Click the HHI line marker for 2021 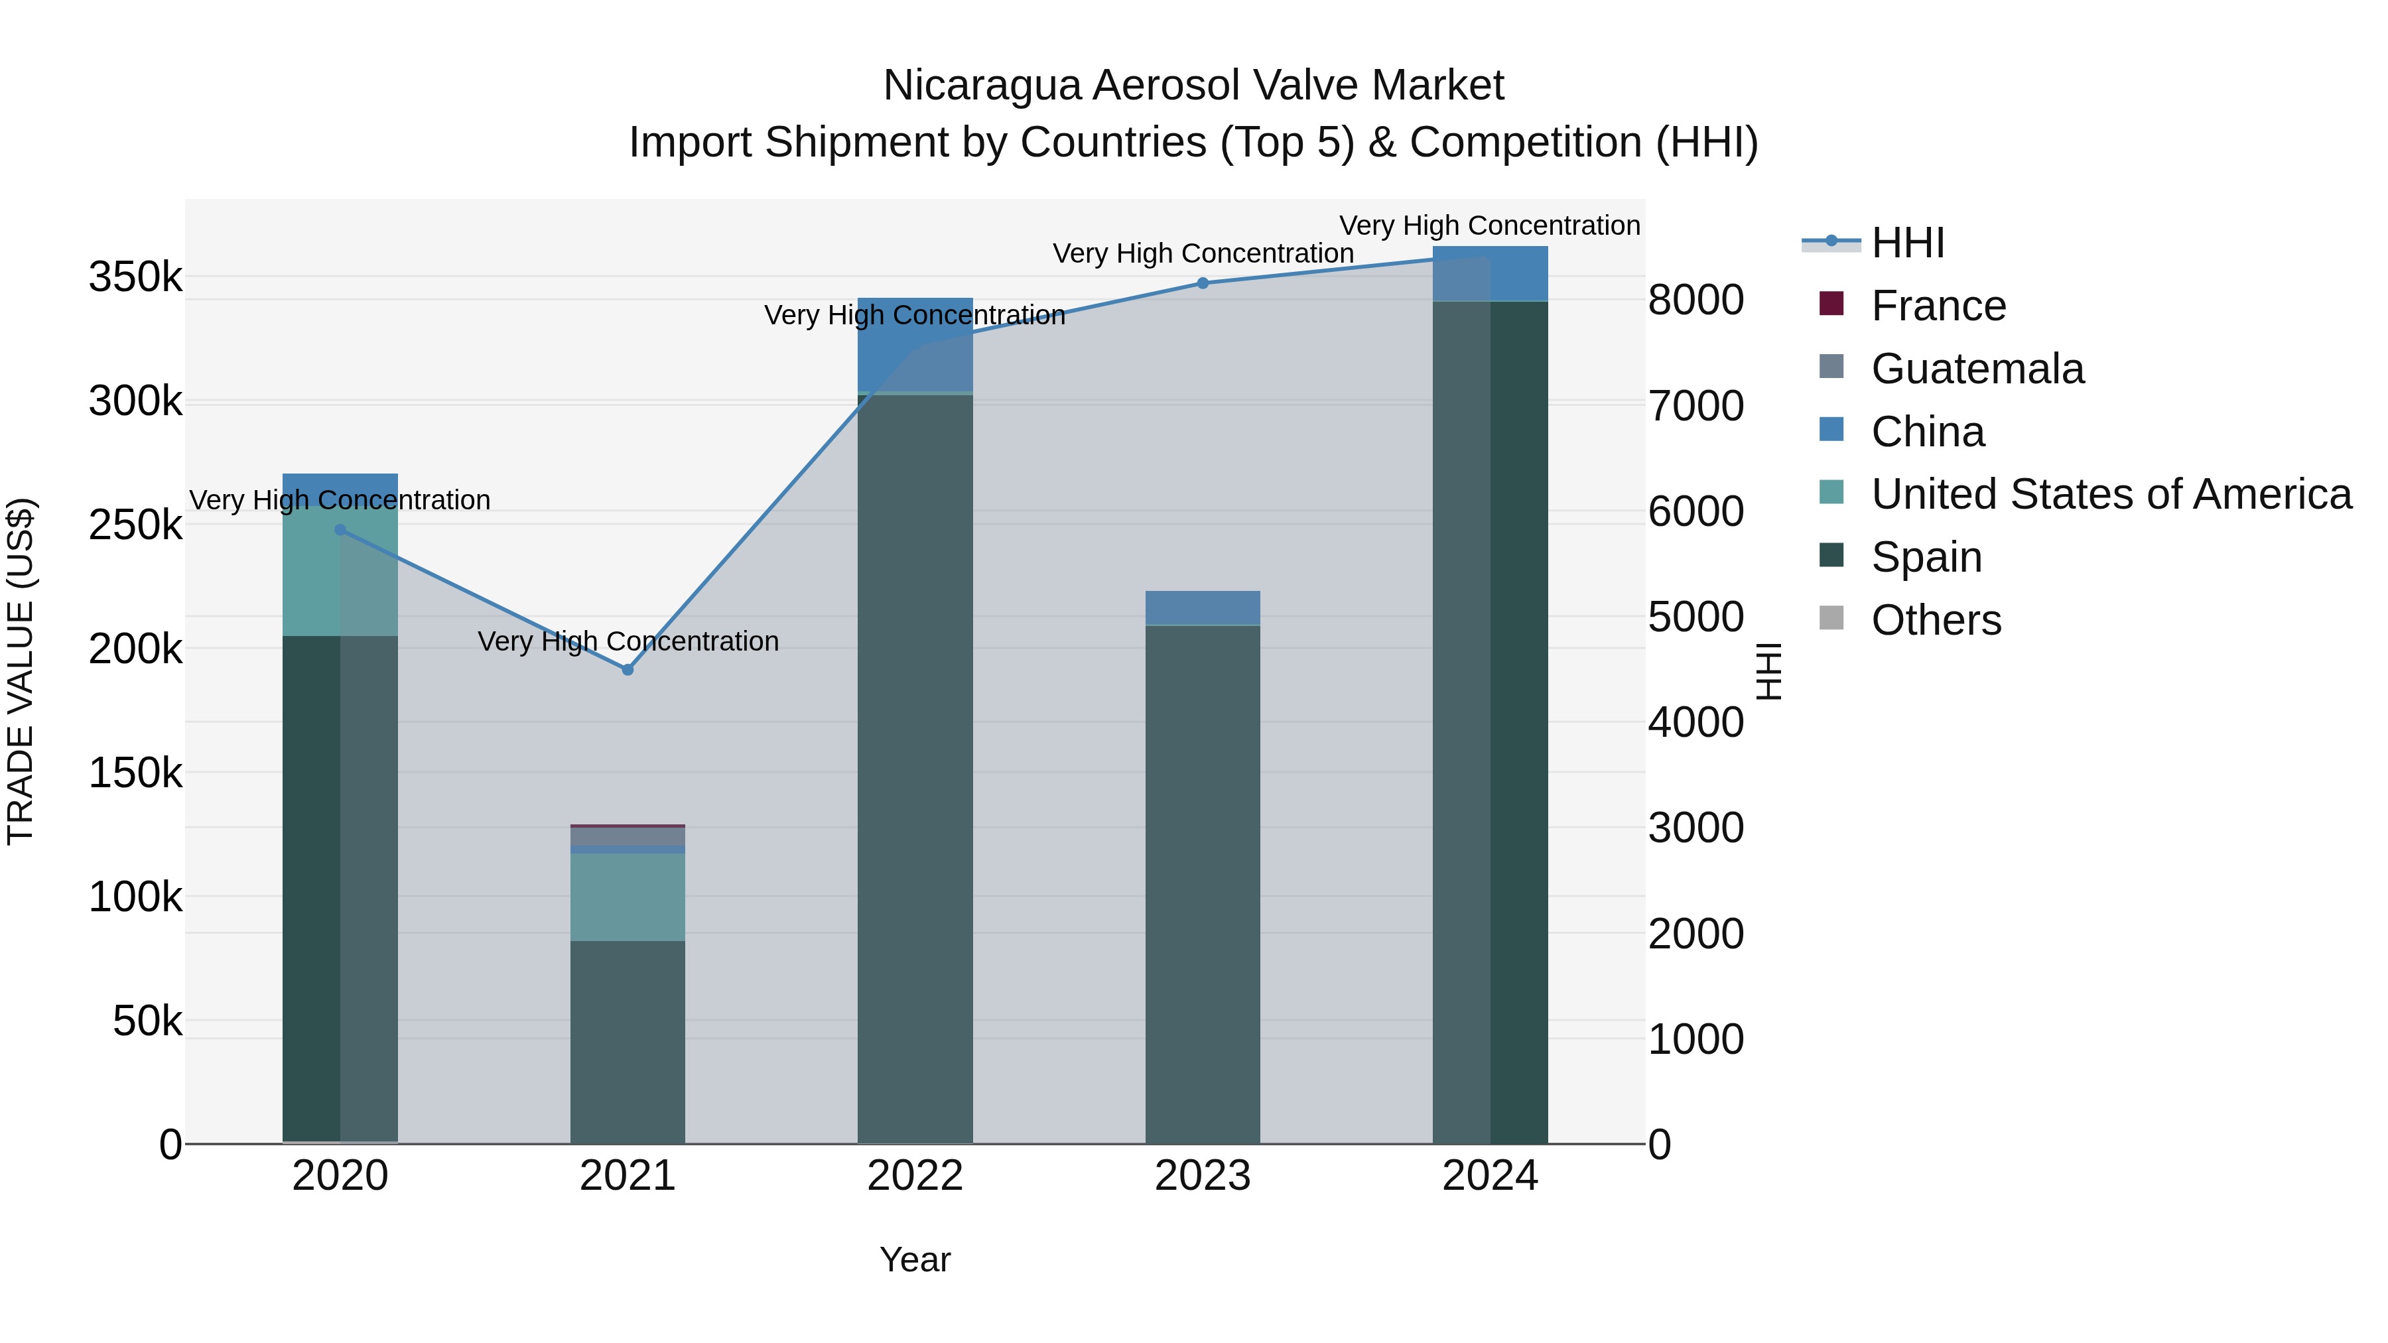628,669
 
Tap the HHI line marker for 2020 340,530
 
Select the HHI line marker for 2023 1203,283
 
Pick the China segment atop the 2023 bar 1203,608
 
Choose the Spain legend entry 1926,557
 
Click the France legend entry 1938,306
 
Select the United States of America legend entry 2110,494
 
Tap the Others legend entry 1936,620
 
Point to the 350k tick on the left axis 135,276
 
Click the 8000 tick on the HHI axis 1695,300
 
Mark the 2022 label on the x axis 915,1176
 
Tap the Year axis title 915,1259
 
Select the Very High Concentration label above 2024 1490,225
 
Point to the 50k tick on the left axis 147,1021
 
